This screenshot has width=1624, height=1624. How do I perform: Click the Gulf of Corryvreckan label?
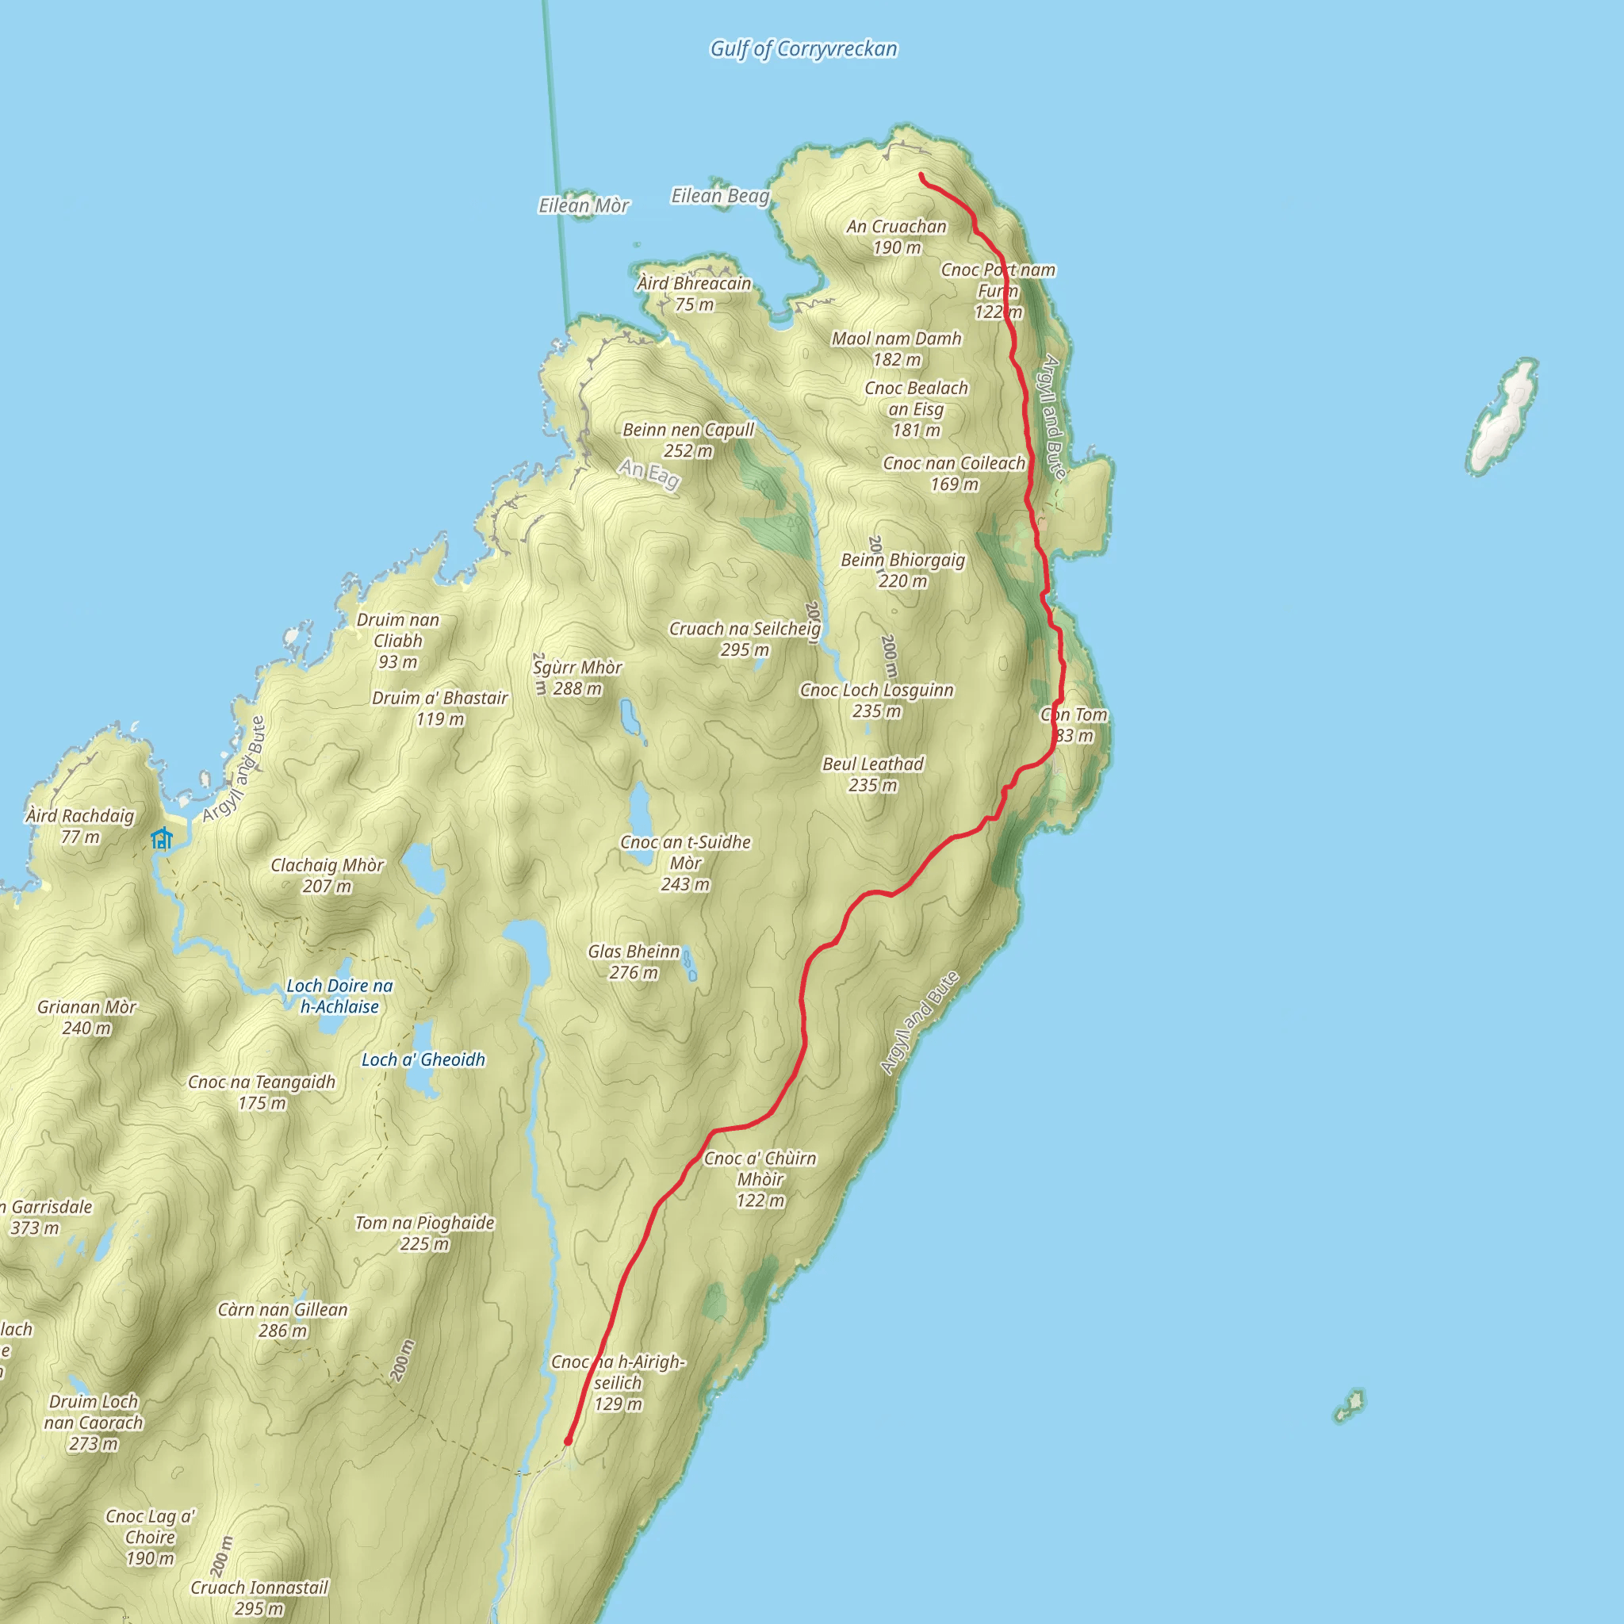click(803, 48)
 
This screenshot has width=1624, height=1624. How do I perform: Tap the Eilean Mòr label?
click(584, 206)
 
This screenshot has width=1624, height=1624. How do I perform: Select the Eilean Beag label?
click(720, 196)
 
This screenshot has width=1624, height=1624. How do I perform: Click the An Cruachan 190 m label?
click(897, 237)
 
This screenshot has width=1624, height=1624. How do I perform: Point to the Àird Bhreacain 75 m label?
click(695, 294)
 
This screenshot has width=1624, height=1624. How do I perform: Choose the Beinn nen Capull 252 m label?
click(688, 440)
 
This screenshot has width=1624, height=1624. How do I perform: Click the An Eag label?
click(649, 473)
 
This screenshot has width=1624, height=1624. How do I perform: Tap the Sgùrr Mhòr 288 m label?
click(577, 677)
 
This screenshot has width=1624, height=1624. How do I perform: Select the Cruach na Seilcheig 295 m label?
click(745, 640)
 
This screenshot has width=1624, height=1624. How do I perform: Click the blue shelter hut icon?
click(162, 839)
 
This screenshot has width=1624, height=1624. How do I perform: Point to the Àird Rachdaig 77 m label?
click(81, 826)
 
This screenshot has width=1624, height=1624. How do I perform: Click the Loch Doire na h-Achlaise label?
click(339, 996)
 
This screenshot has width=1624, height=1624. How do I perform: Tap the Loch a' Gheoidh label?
click(423, 1060)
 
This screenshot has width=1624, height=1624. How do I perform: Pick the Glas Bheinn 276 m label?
click(634, 963)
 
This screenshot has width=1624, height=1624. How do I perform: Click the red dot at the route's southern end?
click(569, 1442)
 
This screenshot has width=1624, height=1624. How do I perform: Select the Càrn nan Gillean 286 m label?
click(282, 1320)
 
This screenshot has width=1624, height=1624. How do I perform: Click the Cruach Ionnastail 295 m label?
click(259, 1598)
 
